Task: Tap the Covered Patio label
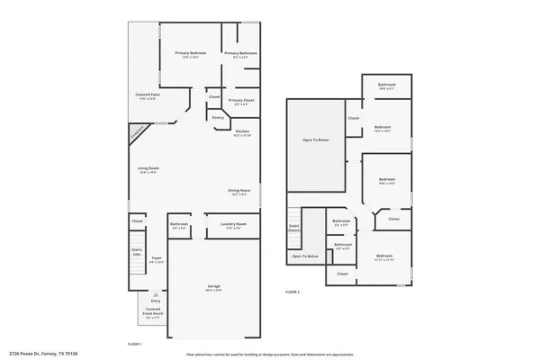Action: point(149,94)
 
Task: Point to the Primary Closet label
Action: point(241,100)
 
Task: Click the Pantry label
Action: point(218,117)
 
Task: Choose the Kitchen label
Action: point(242,131)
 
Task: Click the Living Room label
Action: point(148,168)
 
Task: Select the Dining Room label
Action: point(238,190)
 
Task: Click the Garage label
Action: point(214,286)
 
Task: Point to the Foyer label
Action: point(156,258)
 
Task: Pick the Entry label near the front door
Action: point(156,301)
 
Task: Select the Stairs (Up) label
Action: point(137,251)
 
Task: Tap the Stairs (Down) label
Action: point(293,227)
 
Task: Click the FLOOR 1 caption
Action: point(135,343)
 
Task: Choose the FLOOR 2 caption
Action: point(292,292)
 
